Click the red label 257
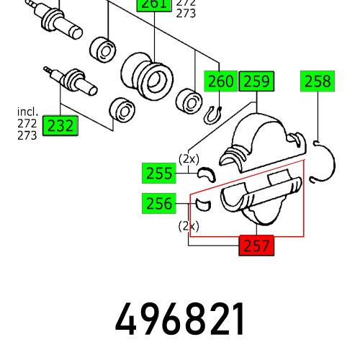click(256, 246)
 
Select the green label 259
click(256, 82)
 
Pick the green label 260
click(221, 82)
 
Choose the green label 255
click(158, 173)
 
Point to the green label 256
click(158, 204)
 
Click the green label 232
click(60, 126)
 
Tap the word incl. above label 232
click(28, 112)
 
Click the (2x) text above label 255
click(189, 158)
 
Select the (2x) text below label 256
click(189, 225)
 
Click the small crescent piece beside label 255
click(207, 174)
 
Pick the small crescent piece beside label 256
click(202, 205)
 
